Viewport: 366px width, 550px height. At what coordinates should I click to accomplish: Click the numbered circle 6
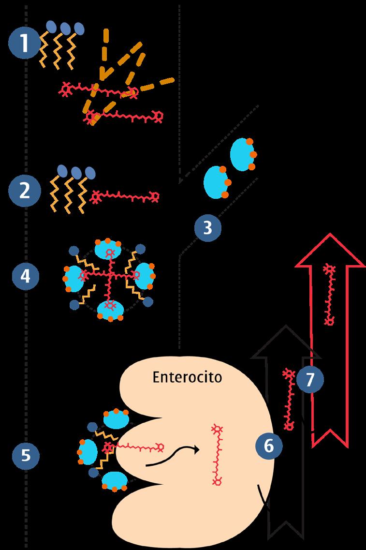tap(269, 446)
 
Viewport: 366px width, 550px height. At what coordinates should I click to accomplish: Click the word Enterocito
tap(188, 377)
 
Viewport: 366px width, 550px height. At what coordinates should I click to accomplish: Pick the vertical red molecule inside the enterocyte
tap(217, 455)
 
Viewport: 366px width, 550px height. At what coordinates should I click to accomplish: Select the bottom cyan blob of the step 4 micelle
tap(111, 310)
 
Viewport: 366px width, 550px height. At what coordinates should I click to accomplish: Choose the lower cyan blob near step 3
tap(216, 182)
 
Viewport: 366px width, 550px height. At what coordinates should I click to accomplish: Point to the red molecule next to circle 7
tap(289, 400)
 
